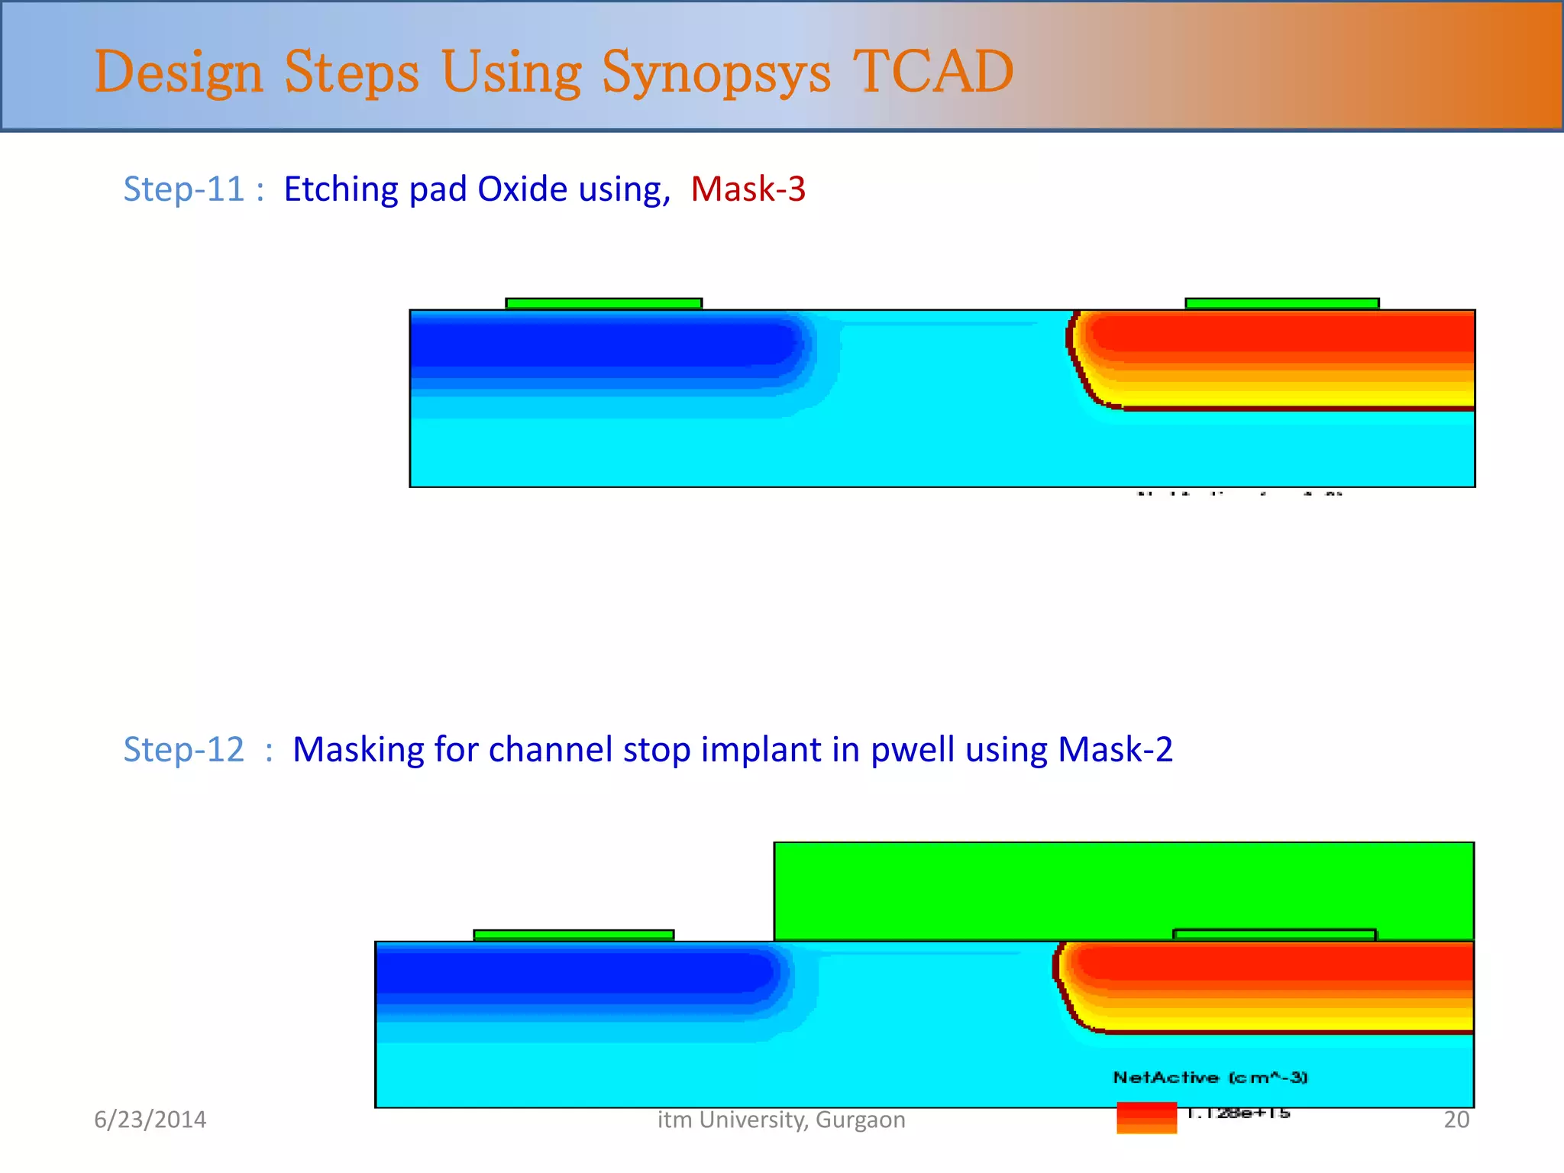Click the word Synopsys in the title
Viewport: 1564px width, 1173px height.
(x=716, y=73)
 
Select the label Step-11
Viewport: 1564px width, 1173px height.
(x=183, y=189)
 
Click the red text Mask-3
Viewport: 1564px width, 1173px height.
(x=748, y=189)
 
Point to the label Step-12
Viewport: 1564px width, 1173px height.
(x=183, y=749)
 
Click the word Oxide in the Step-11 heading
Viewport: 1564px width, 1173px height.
(x=522, y=189)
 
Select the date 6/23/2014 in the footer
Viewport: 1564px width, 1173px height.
(x=150, y=1120)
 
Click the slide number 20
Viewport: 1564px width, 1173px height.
(x=1456, y=1120)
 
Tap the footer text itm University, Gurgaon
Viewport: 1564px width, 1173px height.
(x=781, y=1120)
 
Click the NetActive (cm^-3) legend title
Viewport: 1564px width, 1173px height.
(x=1210, y=1078)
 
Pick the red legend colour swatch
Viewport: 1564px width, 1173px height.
(x=1146, y=1116)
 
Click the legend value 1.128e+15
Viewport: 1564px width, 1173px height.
(x=1238, y=1113)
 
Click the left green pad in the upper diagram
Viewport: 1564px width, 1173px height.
(x=603, y=304)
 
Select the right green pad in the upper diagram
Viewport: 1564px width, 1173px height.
(x=1281, y=304)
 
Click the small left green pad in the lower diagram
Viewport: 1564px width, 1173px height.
(x=574, y=935)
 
